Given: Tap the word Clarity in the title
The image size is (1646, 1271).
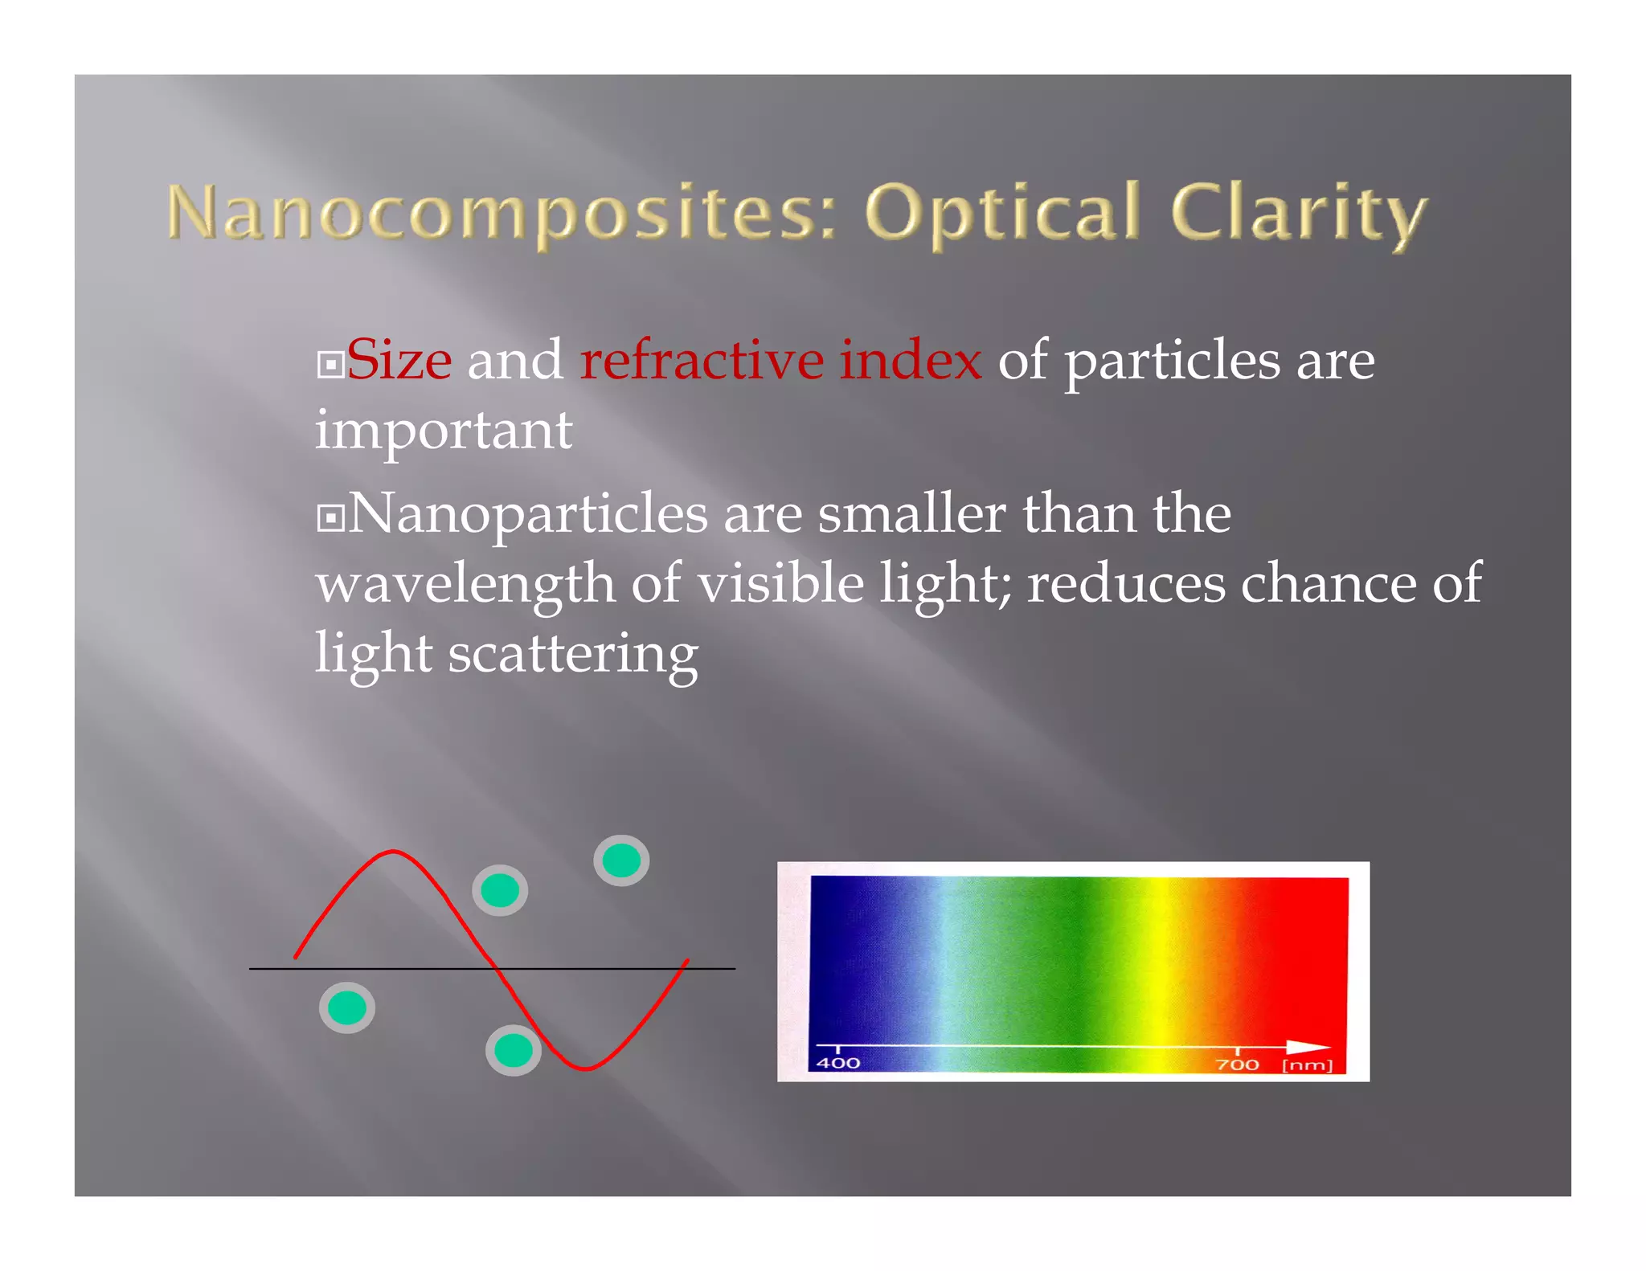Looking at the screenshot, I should click(x=1297, y=214).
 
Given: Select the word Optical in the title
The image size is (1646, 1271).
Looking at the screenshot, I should click(x=1001, y=214).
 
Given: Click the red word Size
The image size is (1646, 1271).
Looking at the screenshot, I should click(x=399, y=361).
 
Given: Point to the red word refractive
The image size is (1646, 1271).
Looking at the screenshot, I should click(x=701, y=361).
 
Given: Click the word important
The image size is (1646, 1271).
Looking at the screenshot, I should click(x=444, y=431).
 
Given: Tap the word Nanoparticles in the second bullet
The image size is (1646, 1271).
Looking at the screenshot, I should click(x=528, y=514).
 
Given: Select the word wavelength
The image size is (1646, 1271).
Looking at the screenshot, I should click(x=465, y=585).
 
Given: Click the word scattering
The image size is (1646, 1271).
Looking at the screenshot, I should click(x=572, y=655).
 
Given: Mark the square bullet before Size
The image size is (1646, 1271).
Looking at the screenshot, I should click(x=330, y=365).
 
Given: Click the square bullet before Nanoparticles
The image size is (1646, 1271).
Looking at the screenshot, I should click(x=330, y=518).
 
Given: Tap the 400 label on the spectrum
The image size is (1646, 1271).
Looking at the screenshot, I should click(x=837, y=1063).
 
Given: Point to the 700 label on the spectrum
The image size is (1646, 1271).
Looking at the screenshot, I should click(x=1237, y=1065).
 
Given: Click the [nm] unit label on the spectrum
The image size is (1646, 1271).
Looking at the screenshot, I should click(x=1307, y=1065).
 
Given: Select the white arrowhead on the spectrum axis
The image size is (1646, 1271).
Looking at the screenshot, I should click(x=1308, y=1047).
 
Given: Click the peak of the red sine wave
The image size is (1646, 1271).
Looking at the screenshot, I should click(x=392, y=852).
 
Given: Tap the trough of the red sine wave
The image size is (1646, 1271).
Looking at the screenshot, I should click(x=585, y=1069).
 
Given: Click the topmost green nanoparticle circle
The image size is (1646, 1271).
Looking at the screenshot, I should click(x=621, y=860).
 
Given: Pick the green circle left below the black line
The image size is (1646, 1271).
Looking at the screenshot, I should click(x=347, y=1007).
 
